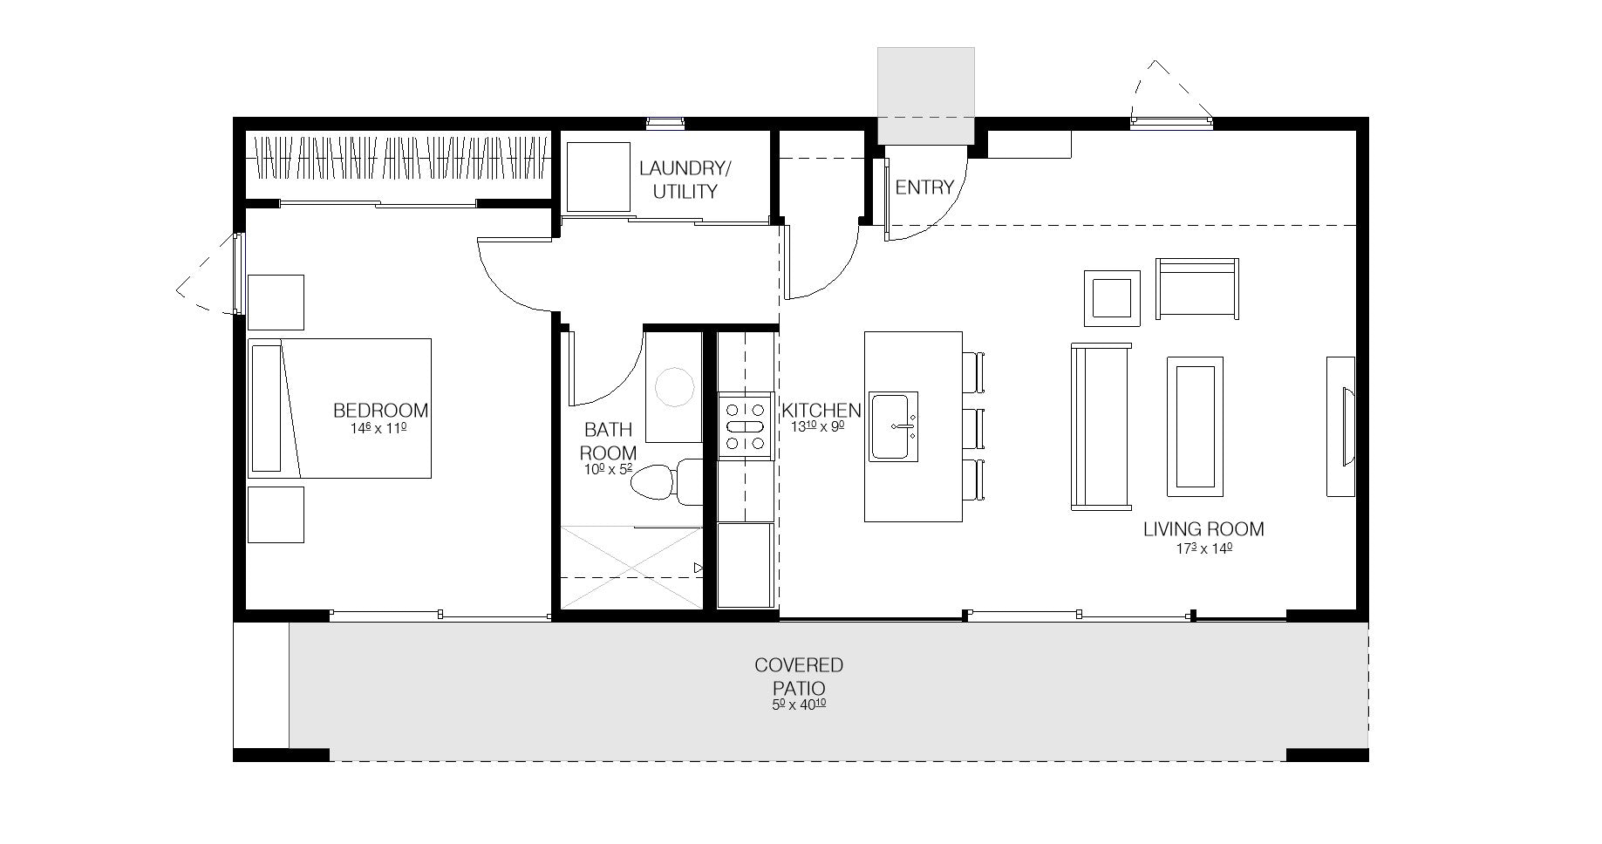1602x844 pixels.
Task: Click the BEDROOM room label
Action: point(381,410)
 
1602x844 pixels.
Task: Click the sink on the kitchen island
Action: point(893,425)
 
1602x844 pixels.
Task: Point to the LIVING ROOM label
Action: point(1203,529)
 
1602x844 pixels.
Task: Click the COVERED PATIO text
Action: point(799,677)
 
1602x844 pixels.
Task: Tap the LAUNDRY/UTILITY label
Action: point(685,180)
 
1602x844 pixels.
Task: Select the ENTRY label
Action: point(924,187)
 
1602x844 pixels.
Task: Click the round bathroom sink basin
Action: point(674,386)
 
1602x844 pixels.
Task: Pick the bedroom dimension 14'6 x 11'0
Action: point(380,429)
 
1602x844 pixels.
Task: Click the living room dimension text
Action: point(1203,549)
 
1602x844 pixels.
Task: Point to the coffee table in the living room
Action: point(1194,426)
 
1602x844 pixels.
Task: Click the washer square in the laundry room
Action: point(598,177)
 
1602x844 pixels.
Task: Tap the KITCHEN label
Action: point(821,410)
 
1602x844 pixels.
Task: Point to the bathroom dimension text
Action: point(608,470)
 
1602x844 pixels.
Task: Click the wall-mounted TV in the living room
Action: point(1341,426)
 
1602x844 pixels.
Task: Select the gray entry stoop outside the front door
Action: point(925,95)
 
